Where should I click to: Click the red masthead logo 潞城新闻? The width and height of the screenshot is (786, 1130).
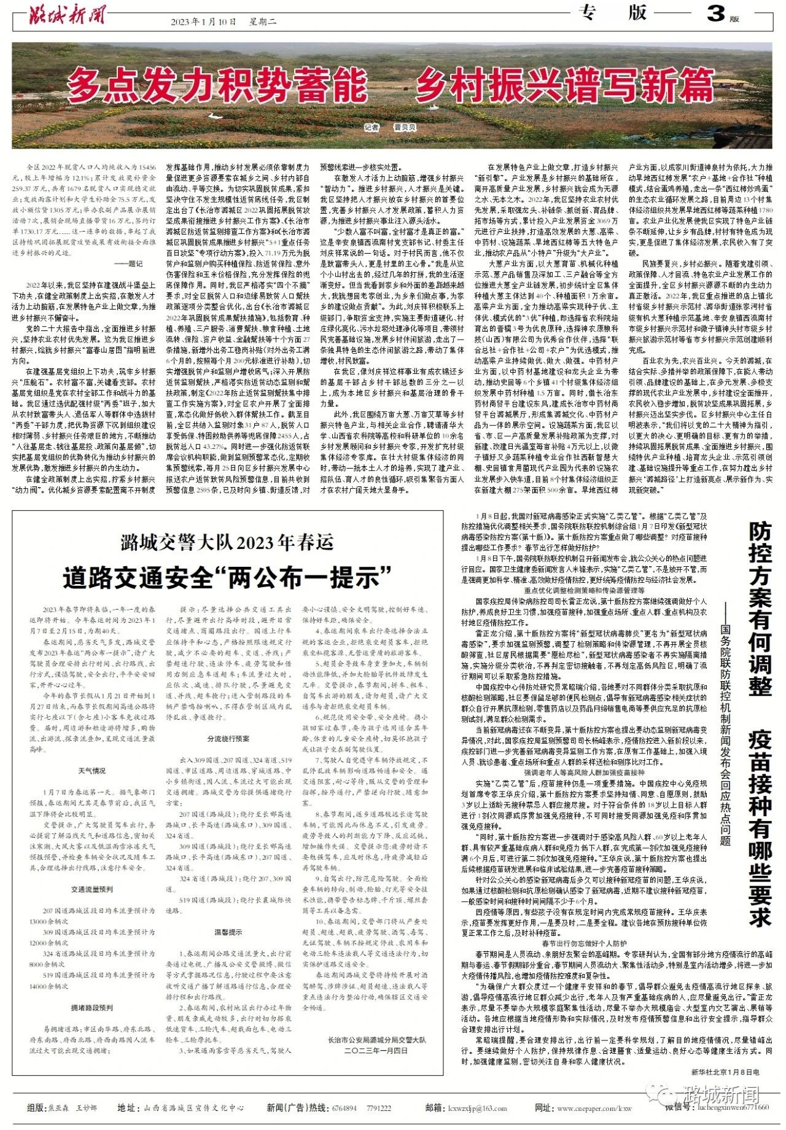click(x=67, y=16)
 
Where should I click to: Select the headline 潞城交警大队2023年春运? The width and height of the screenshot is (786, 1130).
click(x=227, y=542)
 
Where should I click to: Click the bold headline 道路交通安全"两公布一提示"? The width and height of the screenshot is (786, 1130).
click(x=227, y=577)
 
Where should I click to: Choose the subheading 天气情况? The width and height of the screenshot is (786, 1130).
click(x=91, y=771)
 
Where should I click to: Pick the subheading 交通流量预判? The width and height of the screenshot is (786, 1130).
click(x=91, y=889)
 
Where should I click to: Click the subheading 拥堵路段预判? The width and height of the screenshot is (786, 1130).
click(x=91, y=1008)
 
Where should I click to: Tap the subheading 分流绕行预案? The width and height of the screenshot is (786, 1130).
click(x=228, y=739)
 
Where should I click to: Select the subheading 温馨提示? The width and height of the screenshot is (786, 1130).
click(x=228, y=932)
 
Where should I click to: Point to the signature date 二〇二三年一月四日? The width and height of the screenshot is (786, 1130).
click(x=376, y=1051)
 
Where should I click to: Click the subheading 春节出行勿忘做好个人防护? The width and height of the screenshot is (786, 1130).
click(x=584, y=943)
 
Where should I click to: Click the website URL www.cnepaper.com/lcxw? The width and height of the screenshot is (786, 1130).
click(x=594, y=1109)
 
